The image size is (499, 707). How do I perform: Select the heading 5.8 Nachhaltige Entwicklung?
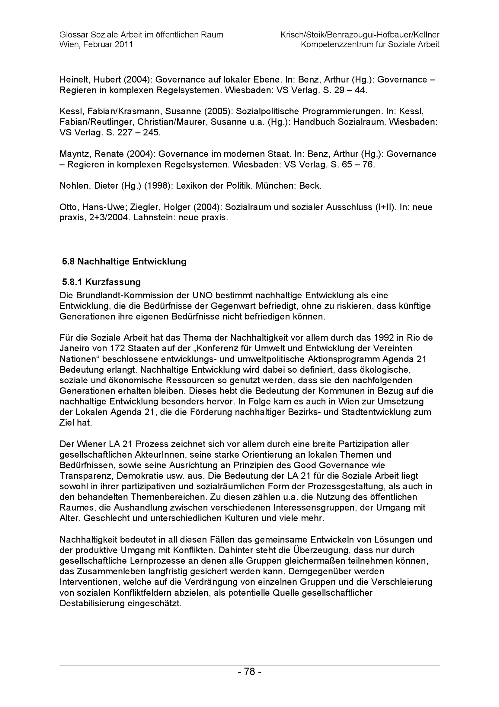124,261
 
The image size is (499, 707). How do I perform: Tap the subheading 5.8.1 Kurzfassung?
101,282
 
